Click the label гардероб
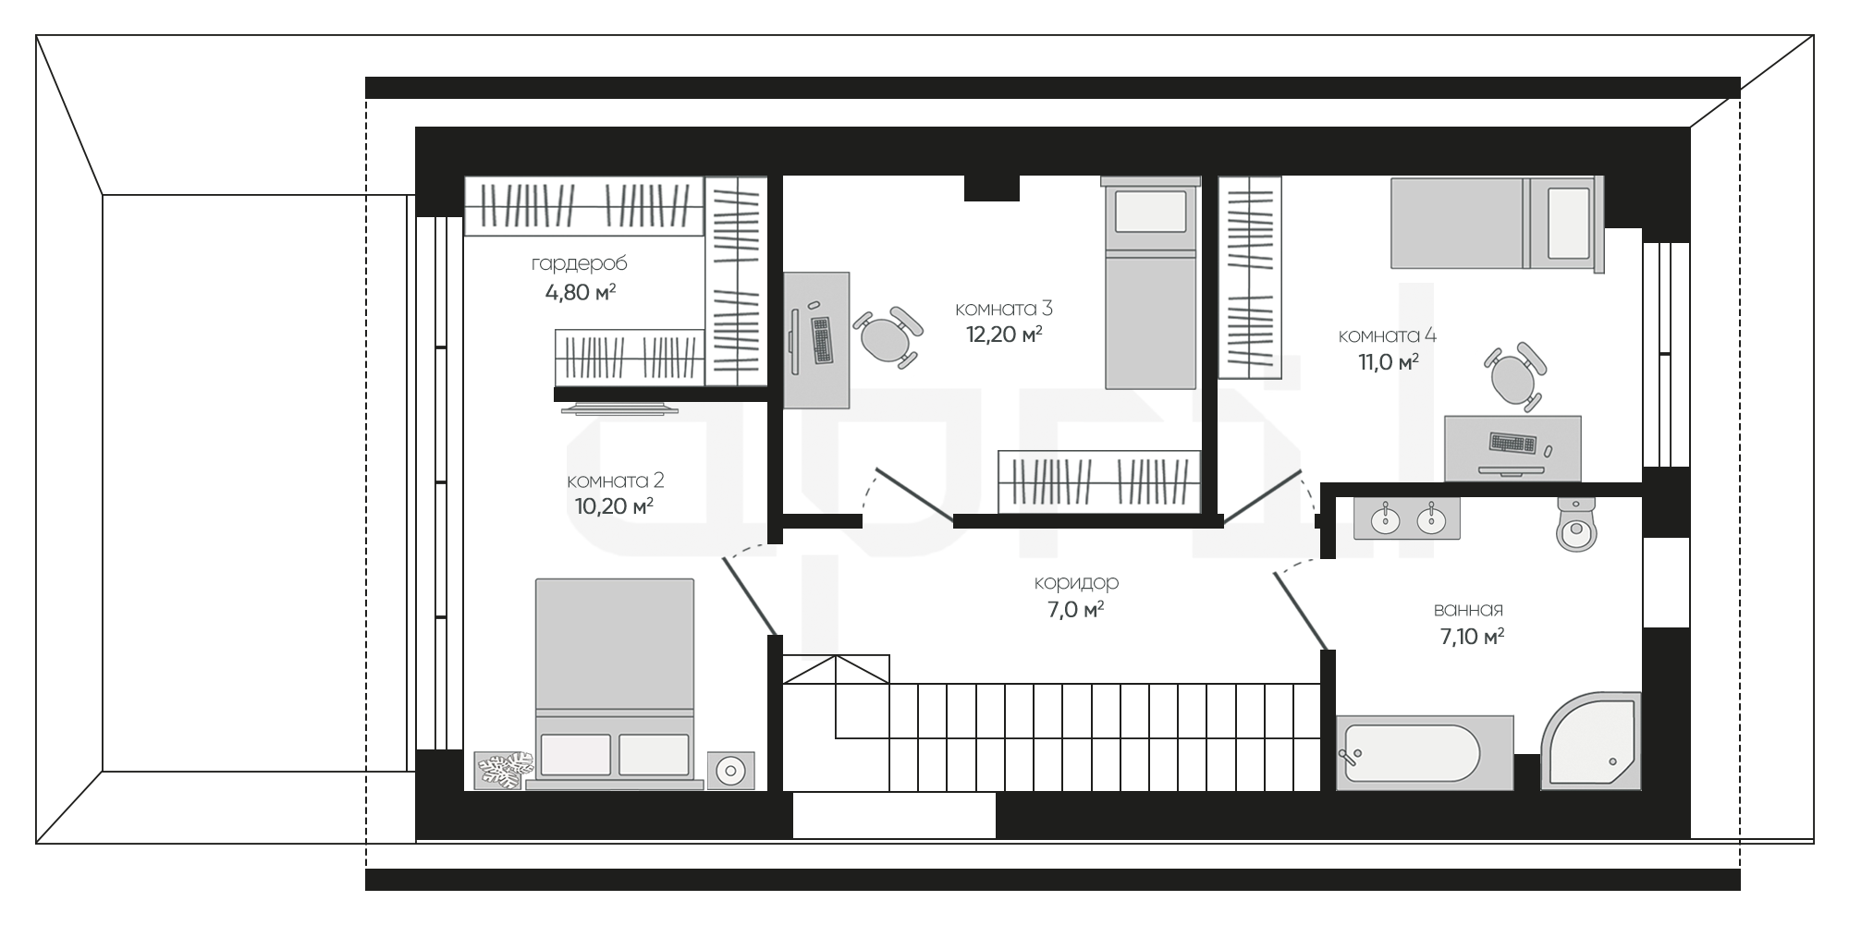click(579, 264)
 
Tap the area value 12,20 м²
click(1004, 335)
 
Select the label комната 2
click(615, 481)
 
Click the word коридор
click(1076, 583)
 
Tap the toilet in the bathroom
click(1576, 524)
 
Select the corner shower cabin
click(1590, 741)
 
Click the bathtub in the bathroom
click(1425, 753)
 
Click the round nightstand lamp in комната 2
click(730, 771)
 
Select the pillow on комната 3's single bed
click(1150, 212)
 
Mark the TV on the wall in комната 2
click(618, 408)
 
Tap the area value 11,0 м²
click(1388, 362)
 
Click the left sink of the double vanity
click(1385, 519)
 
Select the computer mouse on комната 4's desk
click(1548, 450)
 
